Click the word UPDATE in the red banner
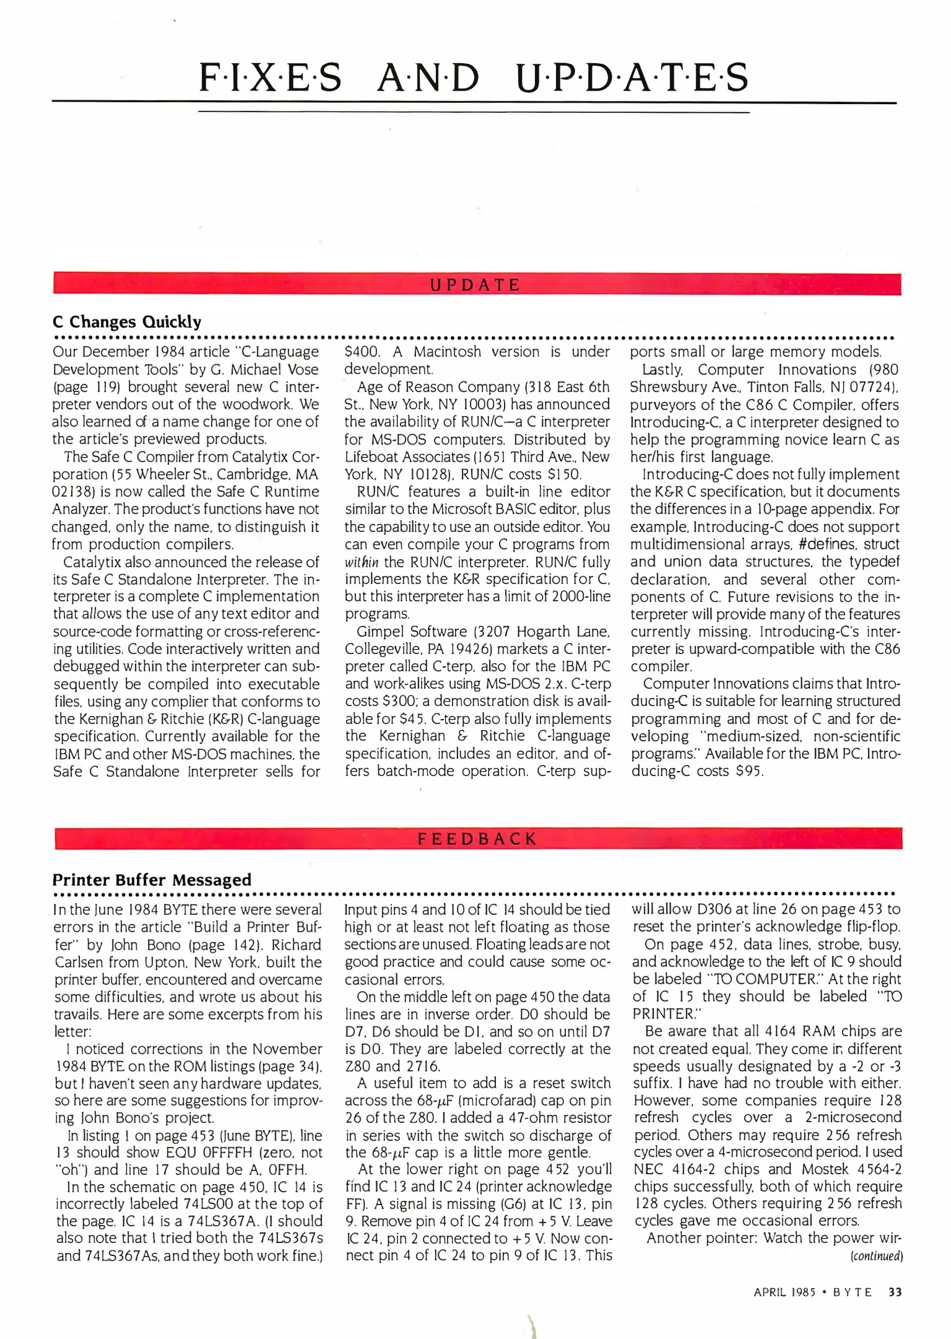click(x=475, y=285)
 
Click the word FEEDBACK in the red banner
click(x=477, y=839)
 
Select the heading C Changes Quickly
click(x=127, y=322)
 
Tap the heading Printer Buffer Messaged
click(x=152, y=880)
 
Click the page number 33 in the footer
click(x=895, y=1292)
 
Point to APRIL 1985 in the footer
click(x=784, y=1293)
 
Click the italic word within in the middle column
click(x=361, y=562)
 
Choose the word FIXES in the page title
click(x=270, y=79)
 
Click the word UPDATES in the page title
click(x=632, y=79)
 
